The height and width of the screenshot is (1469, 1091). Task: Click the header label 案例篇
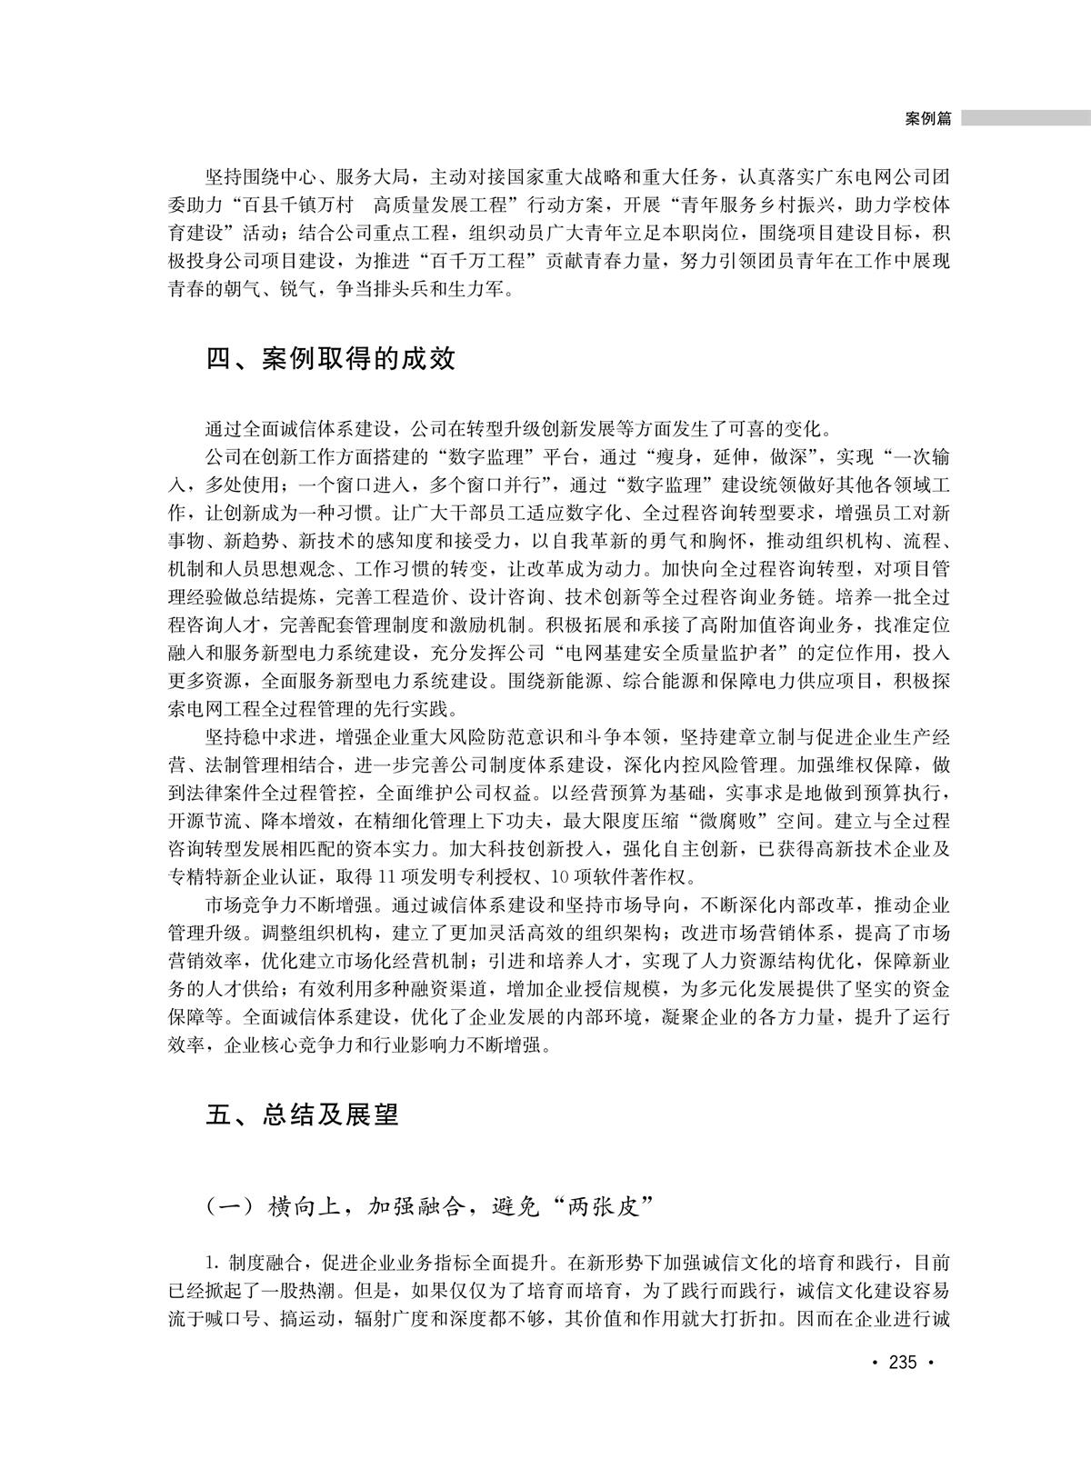coord(928,119)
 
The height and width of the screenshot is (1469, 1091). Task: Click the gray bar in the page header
coord(1026,119)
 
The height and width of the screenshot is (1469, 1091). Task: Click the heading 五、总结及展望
coord(303,1114)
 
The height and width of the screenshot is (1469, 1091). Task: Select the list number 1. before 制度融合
coord(214,1264)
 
